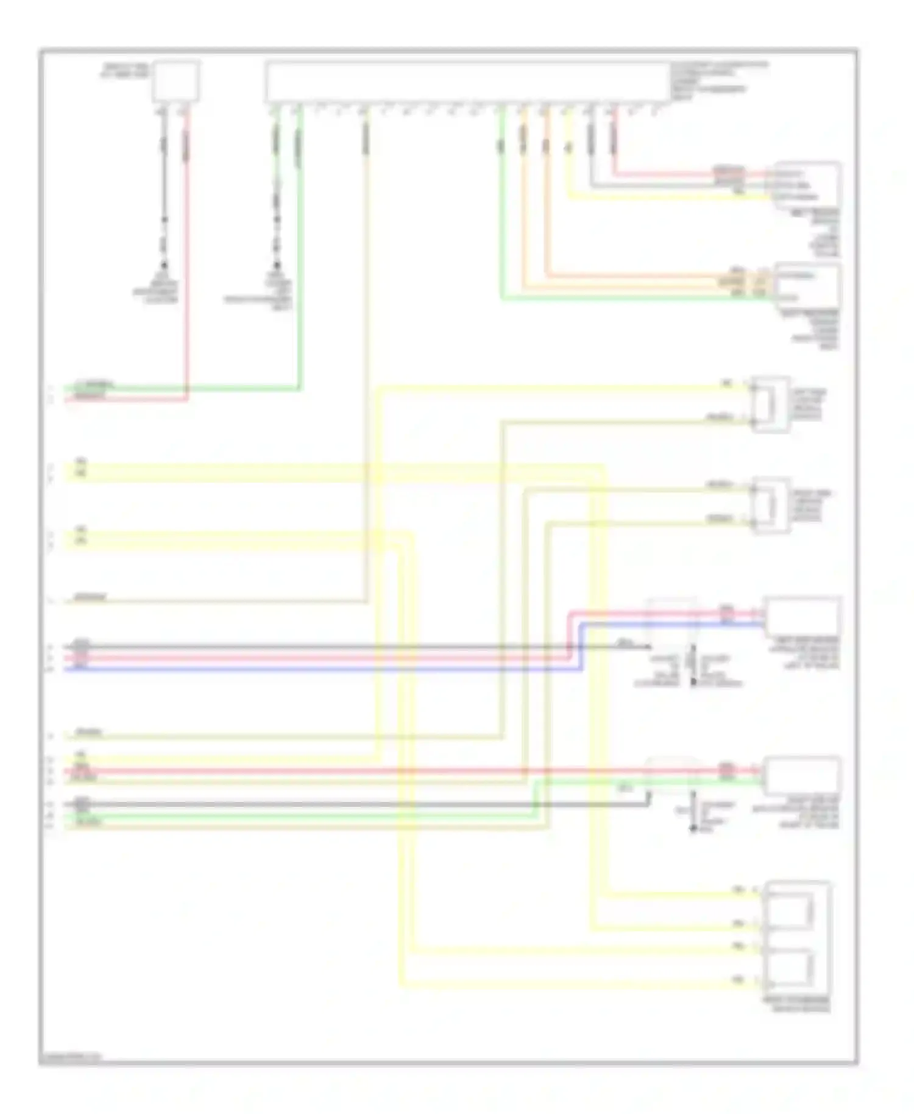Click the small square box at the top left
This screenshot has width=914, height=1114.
pos(175,80)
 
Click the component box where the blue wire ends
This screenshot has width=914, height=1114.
pos(803,617)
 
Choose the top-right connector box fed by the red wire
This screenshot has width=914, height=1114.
pos(807,185)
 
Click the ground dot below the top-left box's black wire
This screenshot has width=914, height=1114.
pos(164,266)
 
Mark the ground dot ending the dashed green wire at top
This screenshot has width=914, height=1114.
pos(277,266)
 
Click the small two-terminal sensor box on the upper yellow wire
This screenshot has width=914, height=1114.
pos(770,404)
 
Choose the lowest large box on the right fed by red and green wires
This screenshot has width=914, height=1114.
pos(803,776)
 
